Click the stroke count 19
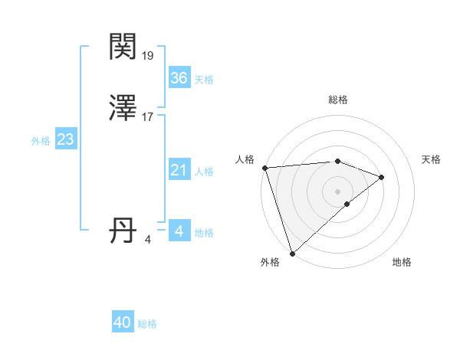[x=149, y=55]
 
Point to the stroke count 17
[x=149, y=118]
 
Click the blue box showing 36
[x=179, y=78]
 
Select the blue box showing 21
[x=179, y=171]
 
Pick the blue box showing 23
[x=65, y=140]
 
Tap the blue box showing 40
[x=123, y=323]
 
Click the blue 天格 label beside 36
[x=204, y=80]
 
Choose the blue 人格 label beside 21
[x=204, y=172]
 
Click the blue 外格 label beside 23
[x=41, y=142]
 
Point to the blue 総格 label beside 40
[x=147, y=325]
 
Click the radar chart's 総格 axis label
[x=338, y=100]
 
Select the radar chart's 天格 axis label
[x=432, y=159]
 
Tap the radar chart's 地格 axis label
[x=402, y=262]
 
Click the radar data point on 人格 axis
[x=264, y=167]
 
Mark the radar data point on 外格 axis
[x=292, y=253]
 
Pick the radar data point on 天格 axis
[x=382, y=177]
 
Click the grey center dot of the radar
[x=338, y=191]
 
